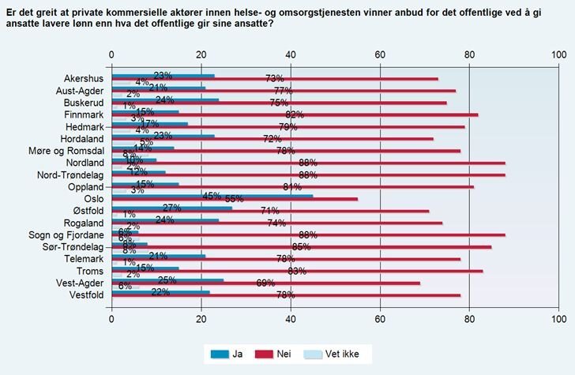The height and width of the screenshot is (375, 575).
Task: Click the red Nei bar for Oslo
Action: (x=237, y=200)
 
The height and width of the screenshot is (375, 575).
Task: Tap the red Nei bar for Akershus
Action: (x=276, y=79)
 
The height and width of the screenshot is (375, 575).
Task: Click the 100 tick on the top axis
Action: (x=558, y=54)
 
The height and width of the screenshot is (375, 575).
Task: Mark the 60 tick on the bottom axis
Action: (x=380, y=320)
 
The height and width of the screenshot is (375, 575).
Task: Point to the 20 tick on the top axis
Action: (x=201, y=54)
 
